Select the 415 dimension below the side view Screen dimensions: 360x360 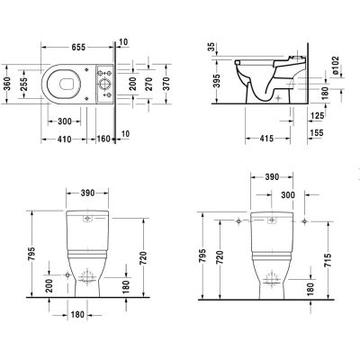[x=256, y=140]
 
